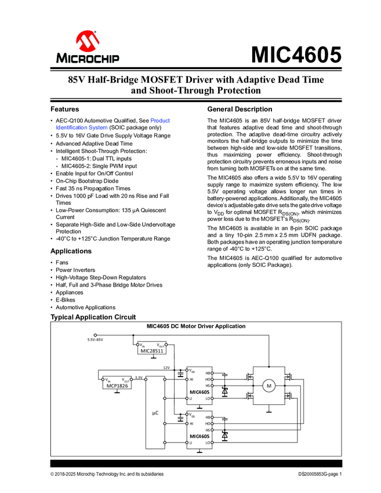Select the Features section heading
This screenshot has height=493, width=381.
coord(65,109)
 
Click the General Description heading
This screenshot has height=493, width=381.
coord(240,109)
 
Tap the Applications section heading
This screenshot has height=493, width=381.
coord(71,251)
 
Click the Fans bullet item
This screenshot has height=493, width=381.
coord(62,262)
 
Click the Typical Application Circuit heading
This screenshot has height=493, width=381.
coord(93,317)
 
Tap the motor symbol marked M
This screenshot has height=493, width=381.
coord(268,386)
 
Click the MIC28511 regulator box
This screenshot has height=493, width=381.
coord(152,350)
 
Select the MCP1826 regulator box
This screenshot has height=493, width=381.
coord(118,385)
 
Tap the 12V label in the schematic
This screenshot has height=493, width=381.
coord(166,368)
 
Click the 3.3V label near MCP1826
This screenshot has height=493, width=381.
coord(139,378)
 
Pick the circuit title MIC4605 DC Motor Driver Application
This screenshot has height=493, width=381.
coord(195,327)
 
